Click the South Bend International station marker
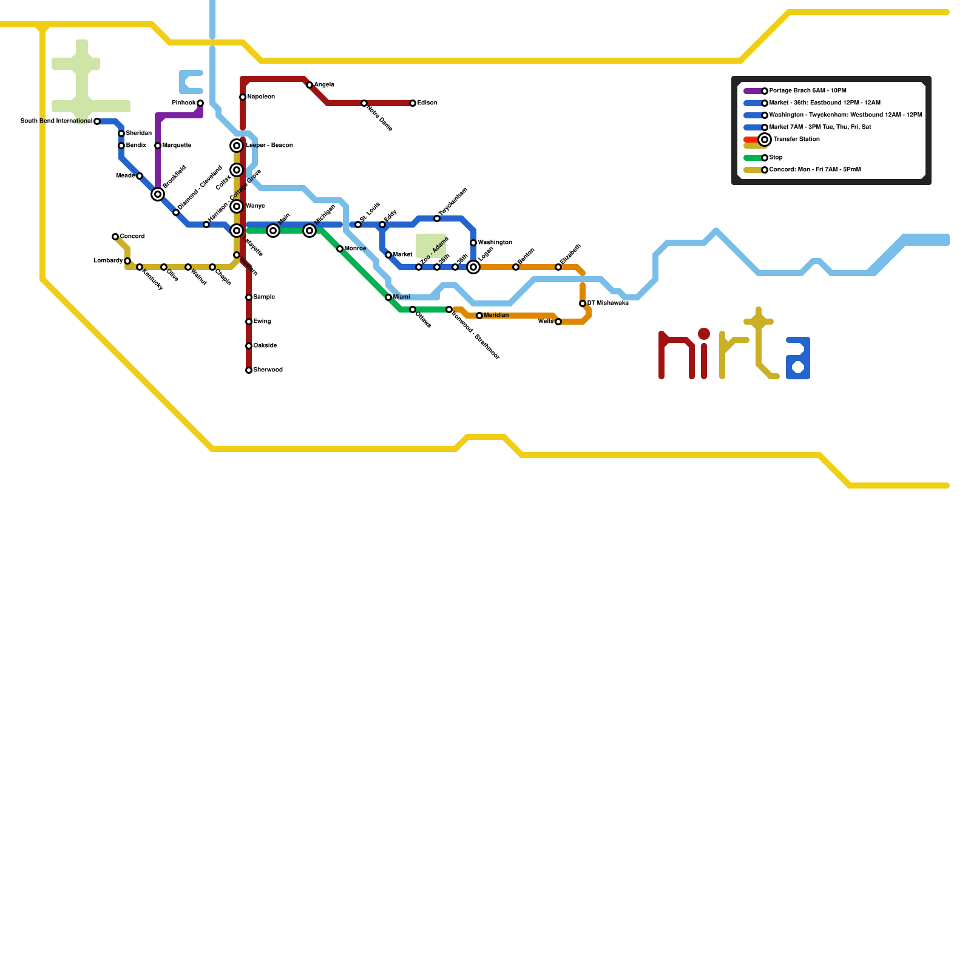click(97, 121)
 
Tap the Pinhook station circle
click(200, 103)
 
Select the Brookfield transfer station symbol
click(158, 194)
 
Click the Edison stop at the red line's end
click(413, 103)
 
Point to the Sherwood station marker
click(249, 370)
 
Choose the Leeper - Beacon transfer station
click(237, 146)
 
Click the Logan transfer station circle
click(473, 267)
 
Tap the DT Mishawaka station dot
click(583, 303)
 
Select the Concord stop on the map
click(115, 237)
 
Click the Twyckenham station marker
click(437, 218)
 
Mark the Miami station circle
click(388, 297)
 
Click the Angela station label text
click(324, 85)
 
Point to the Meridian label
click(496, 316)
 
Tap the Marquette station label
click(177, 146)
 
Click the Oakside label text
click(265, 346)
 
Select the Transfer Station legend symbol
click(765, 140)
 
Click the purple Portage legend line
click(753, 91)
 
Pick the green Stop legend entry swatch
click(753, 158)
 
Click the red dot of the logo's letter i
click(704, 334)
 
